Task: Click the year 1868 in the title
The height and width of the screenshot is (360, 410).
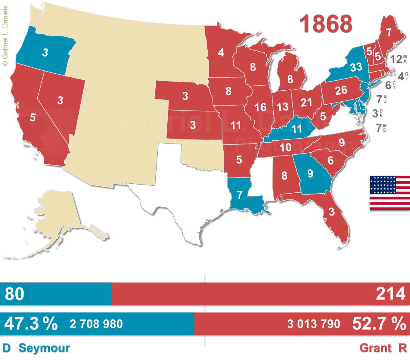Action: click(x=326, y=24)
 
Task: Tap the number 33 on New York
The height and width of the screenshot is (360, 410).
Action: click(x=356, y=67)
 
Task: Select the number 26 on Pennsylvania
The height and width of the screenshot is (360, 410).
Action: click(x=341, y=90)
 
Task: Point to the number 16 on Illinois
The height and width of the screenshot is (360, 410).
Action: click(x=260, y=107)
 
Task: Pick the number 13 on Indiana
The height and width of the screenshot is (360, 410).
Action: click(x=282, y=106)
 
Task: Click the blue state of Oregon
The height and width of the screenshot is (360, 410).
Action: click(x=45, y=52)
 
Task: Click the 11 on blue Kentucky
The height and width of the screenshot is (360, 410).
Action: click(x=297, y=128)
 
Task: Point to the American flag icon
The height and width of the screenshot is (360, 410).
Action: click(x=390, y=193)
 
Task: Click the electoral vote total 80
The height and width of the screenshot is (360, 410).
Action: click(x=14, y=294)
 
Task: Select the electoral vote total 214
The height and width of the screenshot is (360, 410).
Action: click(x=390, y=294)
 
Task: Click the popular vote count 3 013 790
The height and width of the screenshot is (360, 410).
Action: click(x=314, y=324)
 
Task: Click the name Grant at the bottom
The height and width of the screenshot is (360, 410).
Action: click(x=375, y=348)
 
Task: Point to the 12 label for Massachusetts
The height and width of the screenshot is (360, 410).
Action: click(x=396, y=59)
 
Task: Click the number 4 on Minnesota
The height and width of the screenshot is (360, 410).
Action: click(x=221, y=53)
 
